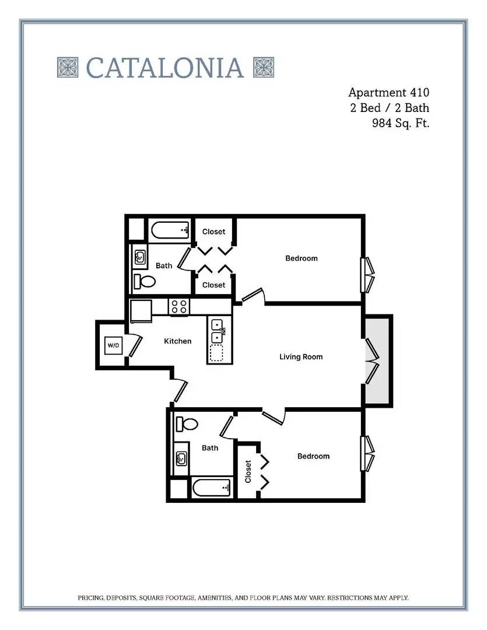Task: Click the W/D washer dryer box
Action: [x=113, y=345]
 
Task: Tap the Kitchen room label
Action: [x=178, y=341]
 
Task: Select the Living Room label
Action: [x=301, y=357]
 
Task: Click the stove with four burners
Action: [x=179, y=307]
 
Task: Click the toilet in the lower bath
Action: [x=187, y=423]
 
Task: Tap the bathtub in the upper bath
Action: [x=170, y=230]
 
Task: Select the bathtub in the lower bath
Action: [x=211, y=488]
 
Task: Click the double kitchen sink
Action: [x=218, y=331]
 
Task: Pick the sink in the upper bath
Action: [x=140, y=256]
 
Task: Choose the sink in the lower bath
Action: [x=181, y=458]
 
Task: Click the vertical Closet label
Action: [x=248, y=471]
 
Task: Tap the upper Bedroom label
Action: [x=302, y=258]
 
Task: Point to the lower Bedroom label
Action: [x=313, y=456]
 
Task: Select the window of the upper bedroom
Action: [x=367, y=275]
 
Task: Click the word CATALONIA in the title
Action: [x=165, y=68]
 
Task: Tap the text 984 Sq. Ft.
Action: [x=401, y=123]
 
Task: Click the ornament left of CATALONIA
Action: [x=68, y=67]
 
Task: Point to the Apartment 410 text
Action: [x=388, y=93]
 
